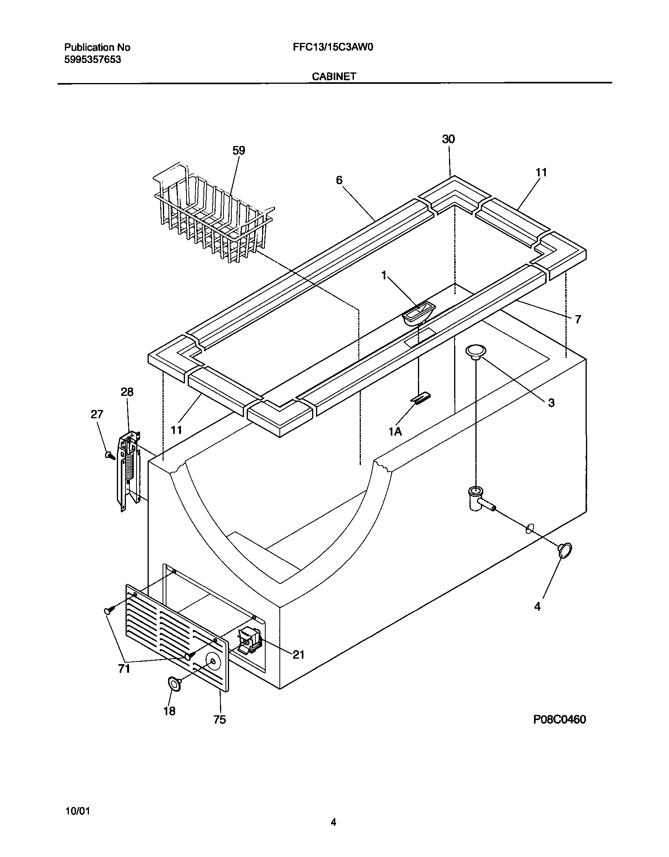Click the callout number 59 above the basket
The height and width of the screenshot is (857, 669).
(238, 150)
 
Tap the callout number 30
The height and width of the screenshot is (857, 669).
(448, 139)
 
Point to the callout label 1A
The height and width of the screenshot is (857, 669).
(395, 432)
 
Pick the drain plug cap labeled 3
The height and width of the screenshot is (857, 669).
(475, 351)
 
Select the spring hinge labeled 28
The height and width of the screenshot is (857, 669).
(129, 470)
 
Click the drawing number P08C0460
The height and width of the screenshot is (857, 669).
(559, 719)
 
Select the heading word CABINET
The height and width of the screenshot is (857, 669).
(334, 76)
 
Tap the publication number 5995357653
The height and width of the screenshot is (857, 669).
(92, 59)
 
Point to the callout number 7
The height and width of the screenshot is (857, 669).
(577, 320)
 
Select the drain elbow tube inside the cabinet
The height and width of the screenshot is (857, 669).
(479, 499)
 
